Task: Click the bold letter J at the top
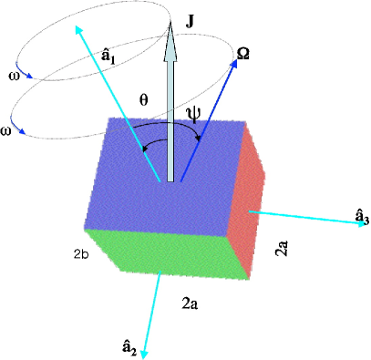[x=190, y=17]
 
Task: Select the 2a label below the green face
[x=190, y=303]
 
